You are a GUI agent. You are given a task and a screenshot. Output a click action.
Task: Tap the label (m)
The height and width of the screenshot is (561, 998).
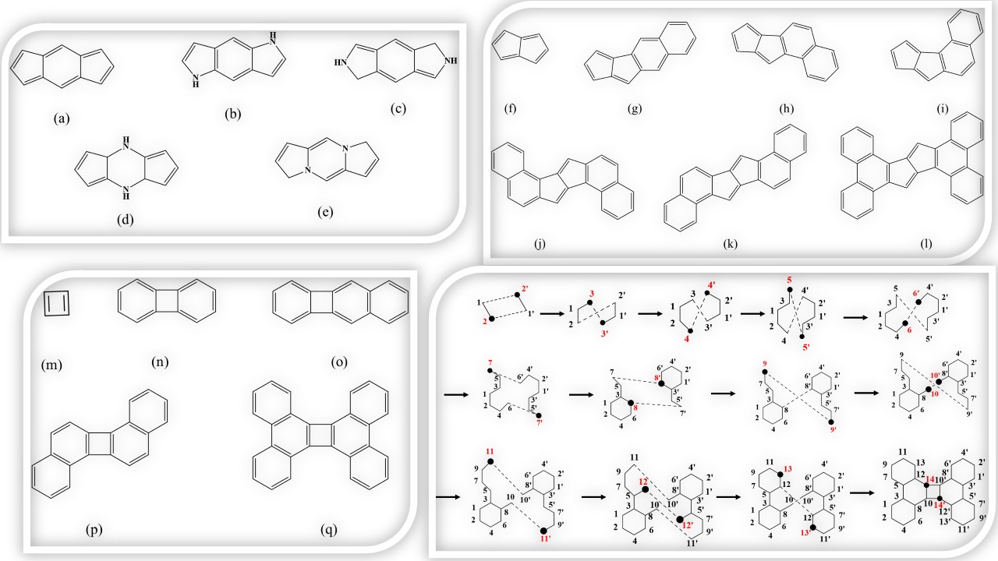click(x=52, y=364)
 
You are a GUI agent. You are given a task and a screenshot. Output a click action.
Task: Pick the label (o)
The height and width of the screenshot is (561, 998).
click(x=340, y=361)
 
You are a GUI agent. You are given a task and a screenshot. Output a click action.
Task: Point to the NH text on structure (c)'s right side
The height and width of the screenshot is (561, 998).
click(x=451, y=61)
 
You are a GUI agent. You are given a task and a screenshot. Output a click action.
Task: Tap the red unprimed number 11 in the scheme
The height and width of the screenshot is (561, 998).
click(x=490, y=452)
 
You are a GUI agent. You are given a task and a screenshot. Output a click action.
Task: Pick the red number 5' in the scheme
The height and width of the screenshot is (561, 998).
click(x=809, y=346)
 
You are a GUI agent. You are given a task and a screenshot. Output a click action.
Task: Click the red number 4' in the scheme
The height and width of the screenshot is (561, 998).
click(x=711, y=283)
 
